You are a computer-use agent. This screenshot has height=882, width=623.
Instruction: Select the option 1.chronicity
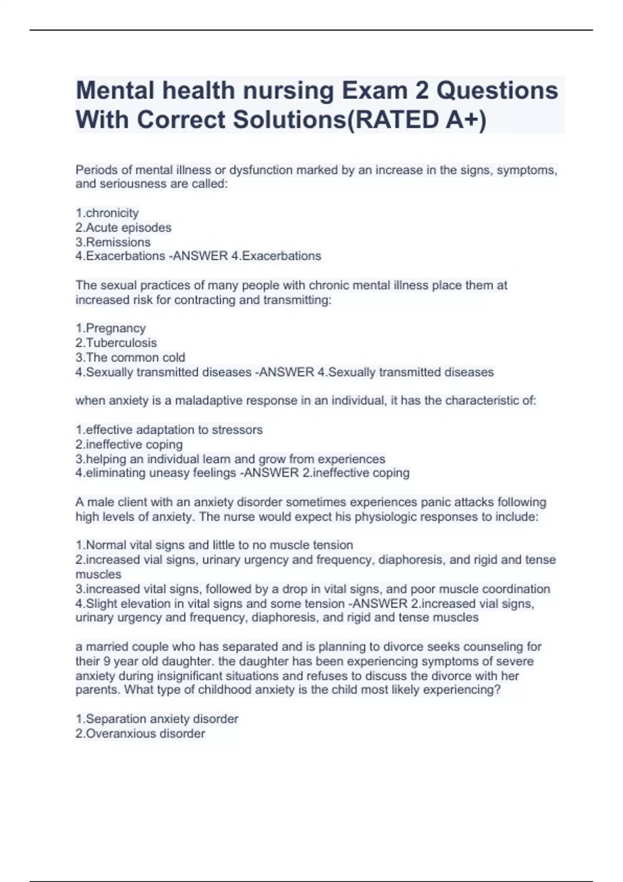point(107,213)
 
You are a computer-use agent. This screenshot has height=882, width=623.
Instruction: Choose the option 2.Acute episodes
point(123,228)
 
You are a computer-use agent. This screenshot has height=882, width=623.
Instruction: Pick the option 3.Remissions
point(113,242)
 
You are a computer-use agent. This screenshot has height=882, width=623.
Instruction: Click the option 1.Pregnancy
point(111,328)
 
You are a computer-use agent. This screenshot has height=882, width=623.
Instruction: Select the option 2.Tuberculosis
point(116,343)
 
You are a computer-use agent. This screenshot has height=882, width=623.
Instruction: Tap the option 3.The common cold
point(130,357)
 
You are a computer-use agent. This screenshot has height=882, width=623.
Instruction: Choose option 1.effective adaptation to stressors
point(169,430)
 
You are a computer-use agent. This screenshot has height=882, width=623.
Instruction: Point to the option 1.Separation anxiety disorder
point(157,719)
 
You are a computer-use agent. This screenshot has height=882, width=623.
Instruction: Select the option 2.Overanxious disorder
point(140,734)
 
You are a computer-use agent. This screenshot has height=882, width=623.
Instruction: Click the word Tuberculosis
point(121,343)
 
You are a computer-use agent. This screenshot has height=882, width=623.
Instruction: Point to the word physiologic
point(385,517)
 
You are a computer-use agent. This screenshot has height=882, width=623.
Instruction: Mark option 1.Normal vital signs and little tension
point(214,545)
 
